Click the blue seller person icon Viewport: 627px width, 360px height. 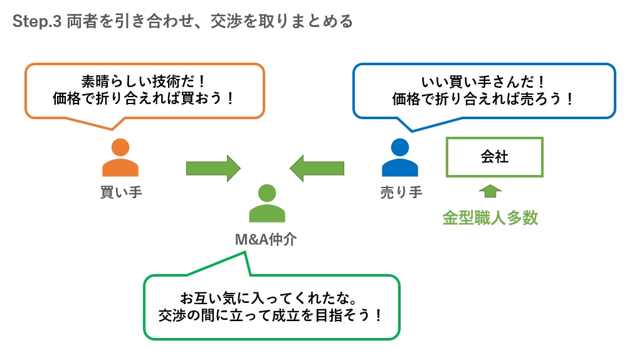(x=399, y=157)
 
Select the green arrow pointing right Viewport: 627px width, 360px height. (x=213, y=168)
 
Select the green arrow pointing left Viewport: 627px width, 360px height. (x=317, y=168)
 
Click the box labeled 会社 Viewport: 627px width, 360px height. (x=494, y=157)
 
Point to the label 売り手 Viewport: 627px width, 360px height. (x=401, y=192)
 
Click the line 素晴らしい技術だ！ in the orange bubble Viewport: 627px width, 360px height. (x=144, y=82)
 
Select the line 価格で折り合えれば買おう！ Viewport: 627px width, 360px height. (x=144, y=99)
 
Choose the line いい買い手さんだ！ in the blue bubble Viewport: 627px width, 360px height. (x=482, y=82)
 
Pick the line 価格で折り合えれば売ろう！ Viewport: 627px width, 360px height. (x=482, y=99)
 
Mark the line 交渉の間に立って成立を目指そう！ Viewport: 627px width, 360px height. (x=272, y=314)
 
